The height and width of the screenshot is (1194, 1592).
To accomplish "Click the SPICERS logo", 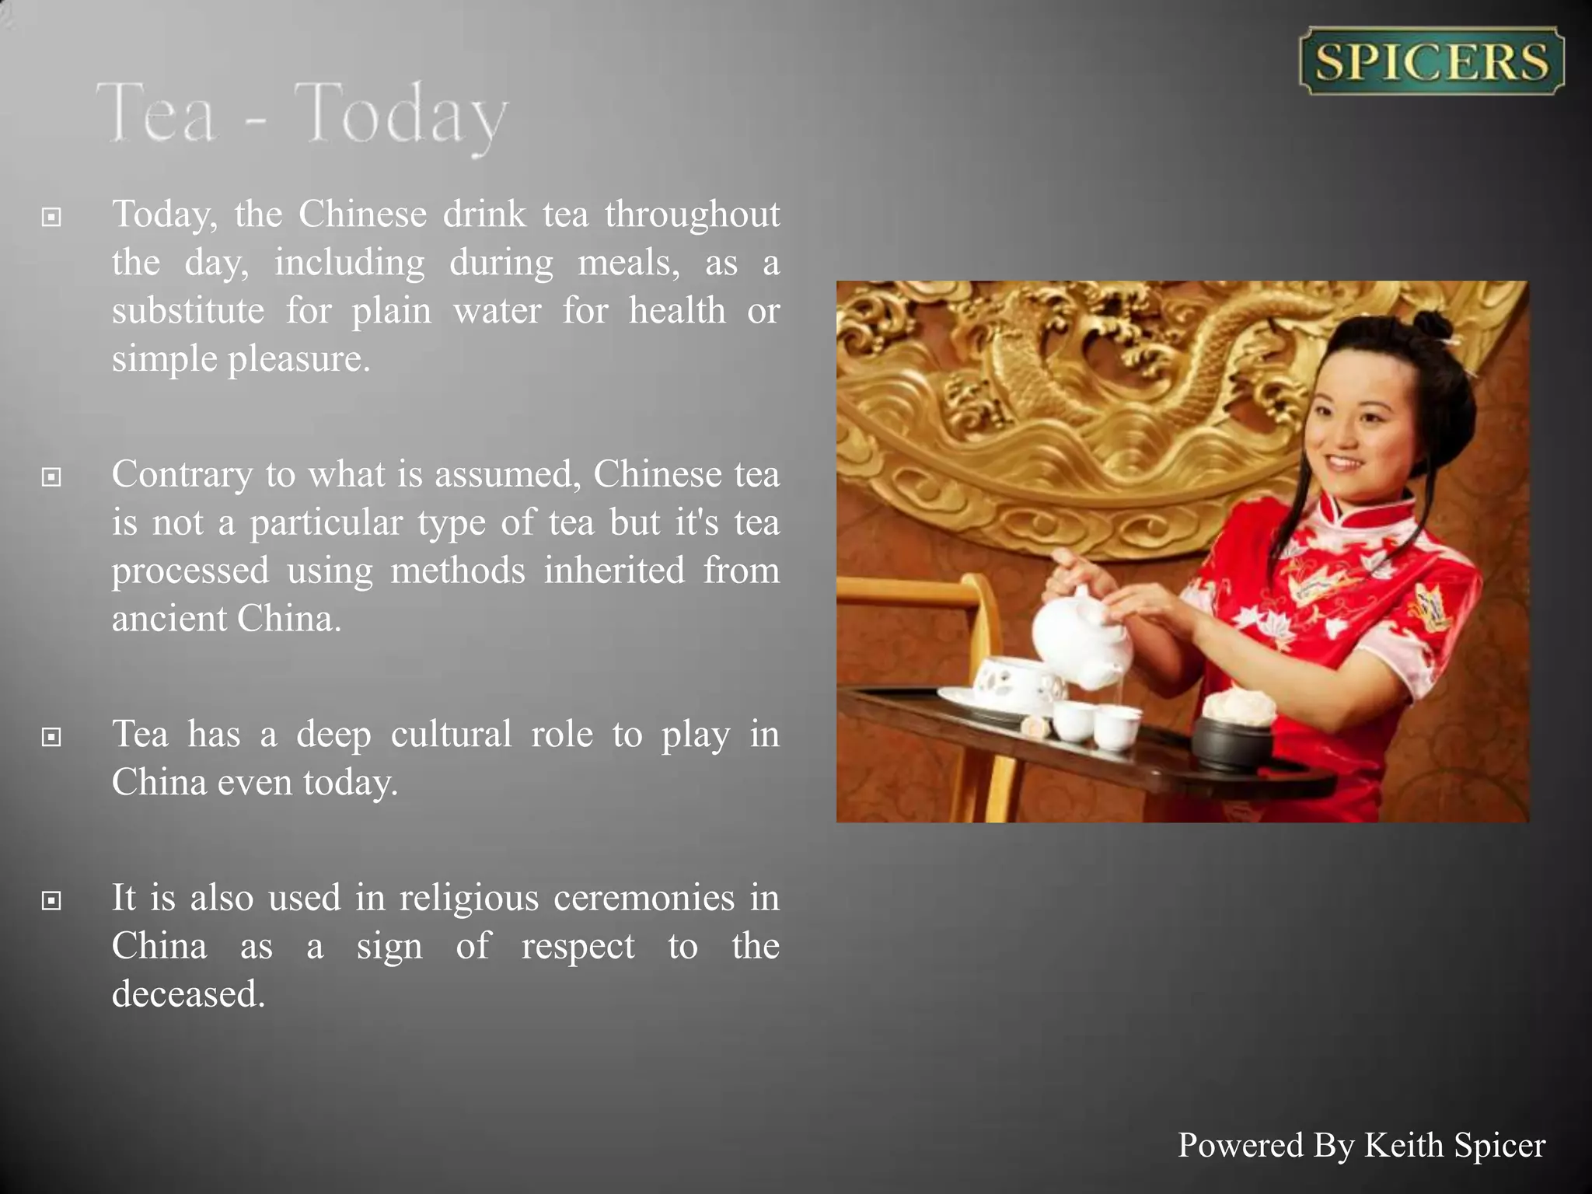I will tap(1431, 61).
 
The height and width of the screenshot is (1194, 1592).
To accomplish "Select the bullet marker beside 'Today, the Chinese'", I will tap(51, 217).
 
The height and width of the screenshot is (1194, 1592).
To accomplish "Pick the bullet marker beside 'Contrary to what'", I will tap(51, 477).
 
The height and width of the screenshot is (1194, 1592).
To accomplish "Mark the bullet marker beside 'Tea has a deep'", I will tap(51, 736).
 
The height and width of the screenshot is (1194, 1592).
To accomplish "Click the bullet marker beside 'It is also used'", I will tap(51, 900).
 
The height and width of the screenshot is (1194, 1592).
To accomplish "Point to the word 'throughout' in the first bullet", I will tap(692, 215).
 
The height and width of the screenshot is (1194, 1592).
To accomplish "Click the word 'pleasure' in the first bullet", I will tap(298, 359).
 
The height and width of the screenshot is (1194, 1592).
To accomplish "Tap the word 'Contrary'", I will tap(182, 474).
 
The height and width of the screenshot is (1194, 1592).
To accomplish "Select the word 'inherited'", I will tap(614, 571).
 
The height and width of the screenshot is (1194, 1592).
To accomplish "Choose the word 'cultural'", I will tap(451, 735).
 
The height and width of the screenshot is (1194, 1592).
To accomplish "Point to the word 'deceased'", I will tap(188, 994).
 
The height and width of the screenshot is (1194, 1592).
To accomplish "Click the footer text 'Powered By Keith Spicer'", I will tap(1361, 1145).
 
